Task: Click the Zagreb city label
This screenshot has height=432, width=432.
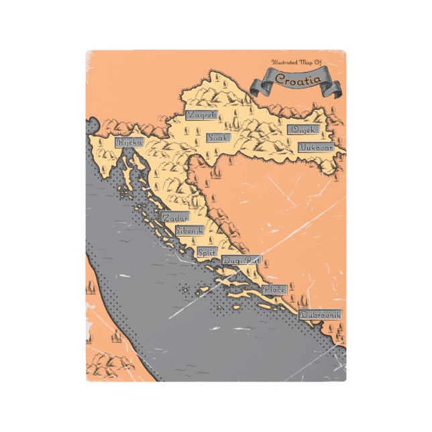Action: coord(201,115)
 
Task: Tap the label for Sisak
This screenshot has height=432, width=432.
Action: coord(218,138)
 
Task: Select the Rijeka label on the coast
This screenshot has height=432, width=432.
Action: coord(129,142)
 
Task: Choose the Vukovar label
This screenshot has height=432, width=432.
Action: coord(315,146)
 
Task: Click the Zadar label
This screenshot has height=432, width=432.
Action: coord(174,218)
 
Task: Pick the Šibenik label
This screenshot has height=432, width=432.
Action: coord(189,230)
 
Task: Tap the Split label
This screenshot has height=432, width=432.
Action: coord(207,252)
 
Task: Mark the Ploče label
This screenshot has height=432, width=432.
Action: coord(275,289)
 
